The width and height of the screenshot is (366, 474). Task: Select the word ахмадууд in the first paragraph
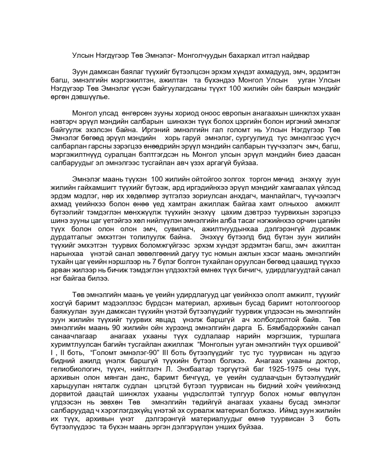(x=262, y=72)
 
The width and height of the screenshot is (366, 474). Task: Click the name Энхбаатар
(x=210, y=369)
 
